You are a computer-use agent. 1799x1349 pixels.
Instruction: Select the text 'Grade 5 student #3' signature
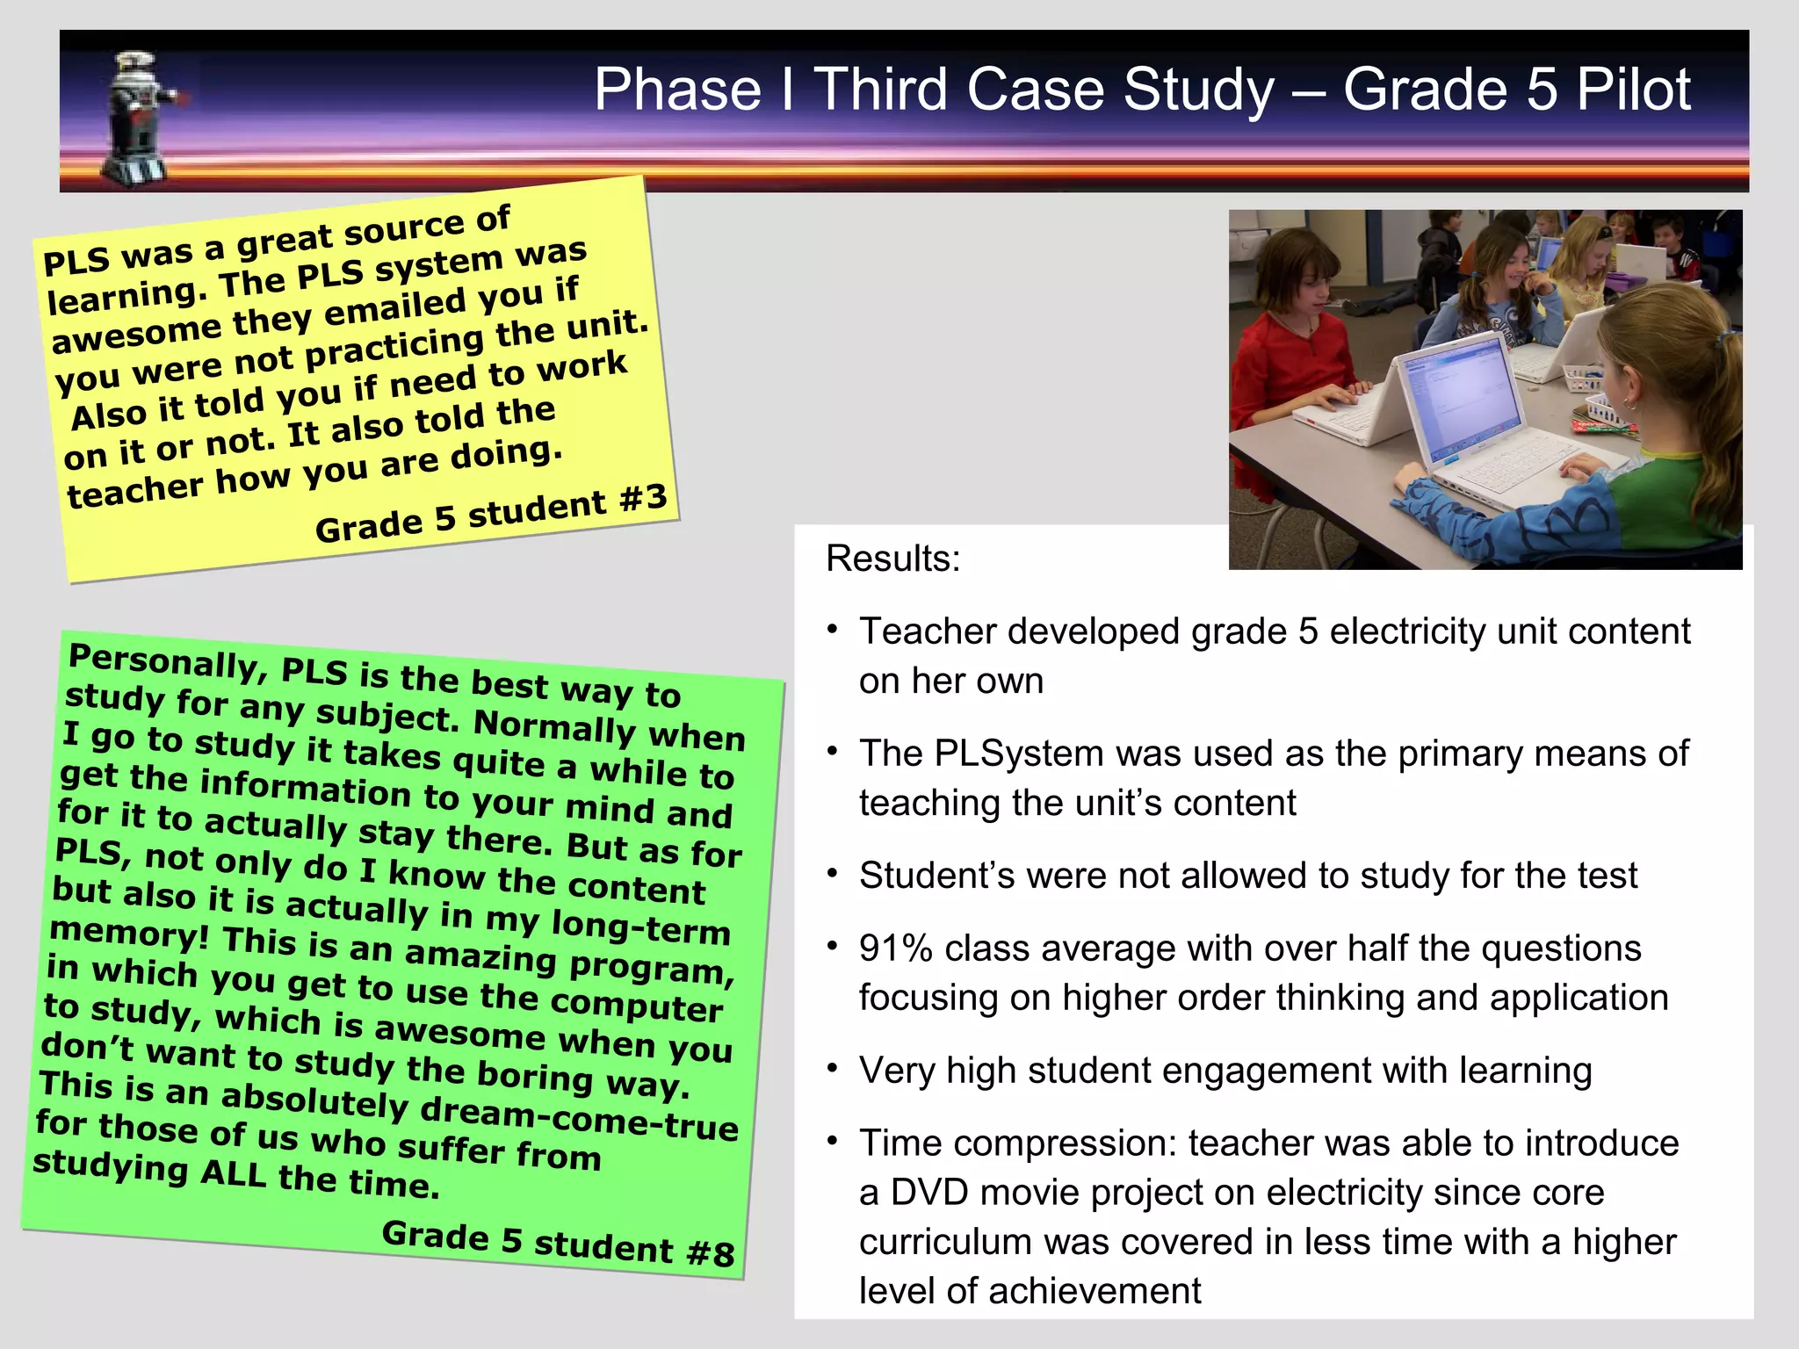pyautogui.click(x=491, y=515)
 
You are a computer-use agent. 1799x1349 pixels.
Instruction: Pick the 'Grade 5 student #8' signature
pyautogui.click(x=558, y=1243)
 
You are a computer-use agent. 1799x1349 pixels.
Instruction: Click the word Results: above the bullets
pyautogui.click(x=893, y=559)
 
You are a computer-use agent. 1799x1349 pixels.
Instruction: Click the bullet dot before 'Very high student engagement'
pyautogui.click(x=832, y=1070)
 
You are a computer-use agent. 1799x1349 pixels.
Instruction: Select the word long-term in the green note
pyautogui.click(x=640, y=926)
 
